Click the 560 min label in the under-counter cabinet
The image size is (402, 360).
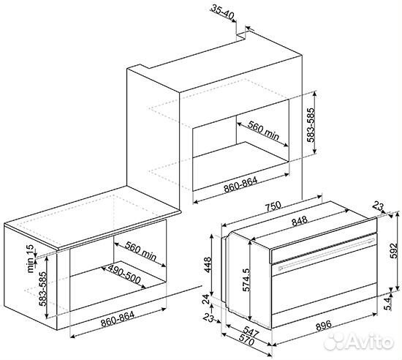(139, 252)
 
